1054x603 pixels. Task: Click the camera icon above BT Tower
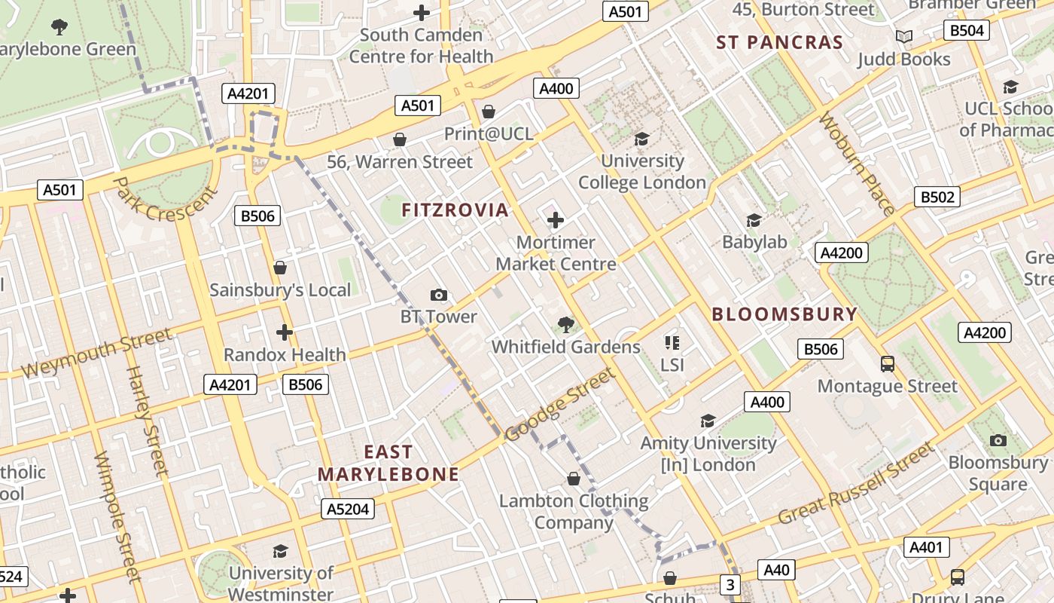[438, 295]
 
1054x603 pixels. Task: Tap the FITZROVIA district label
[455, 210]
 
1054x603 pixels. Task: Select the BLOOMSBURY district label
[784, 314]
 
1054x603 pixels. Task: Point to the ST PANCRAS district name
[779, 42]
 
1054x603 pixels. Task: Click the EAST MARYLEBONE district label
[388, 463]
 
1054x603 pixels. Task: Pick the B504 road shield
[967, 30]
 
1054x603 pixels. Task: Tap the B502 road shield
[937, 197]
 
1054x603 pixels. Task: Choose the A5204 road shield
[347, 509]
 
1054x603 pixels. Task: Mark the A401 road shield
[926, 547]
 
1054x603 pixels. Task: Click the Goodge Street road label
[560, 405]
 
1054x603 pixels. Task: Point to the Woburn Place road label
[857, 163]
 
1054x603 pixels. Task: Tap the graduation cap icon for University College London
[641, 139]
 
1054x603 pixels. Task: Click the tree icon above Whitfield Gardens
[565, 325]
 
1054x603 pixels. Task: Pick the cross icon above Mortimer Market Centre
[556, 220]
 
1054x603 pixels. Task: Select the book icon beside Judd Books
[903, 36]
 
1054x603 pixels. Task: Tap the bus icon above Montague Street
[888, 364]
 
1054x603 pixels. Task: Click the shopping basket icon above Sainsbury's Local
[280, 268]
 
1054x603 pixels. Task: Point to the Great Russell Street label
[855, 485]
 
